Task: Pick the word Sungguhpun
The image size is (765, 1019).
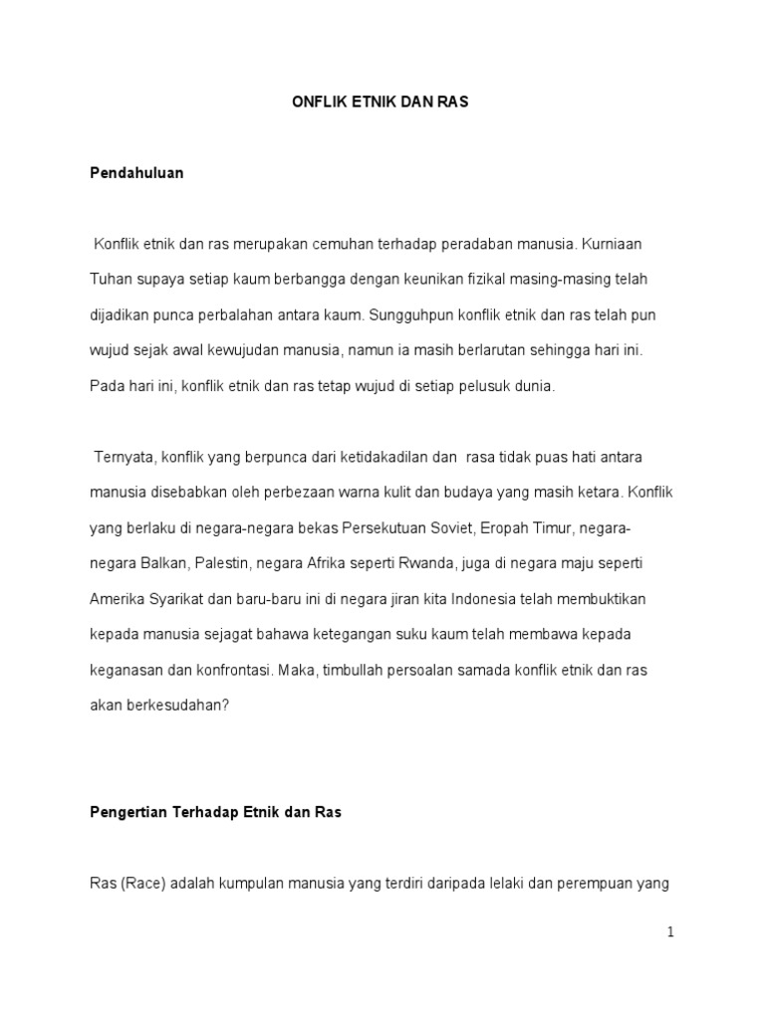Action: tap(408, 314)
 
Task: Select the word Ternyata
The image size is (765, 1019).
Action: tap(123, 456)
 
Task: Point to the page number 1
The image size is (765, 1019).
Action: tap(671, 932)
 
